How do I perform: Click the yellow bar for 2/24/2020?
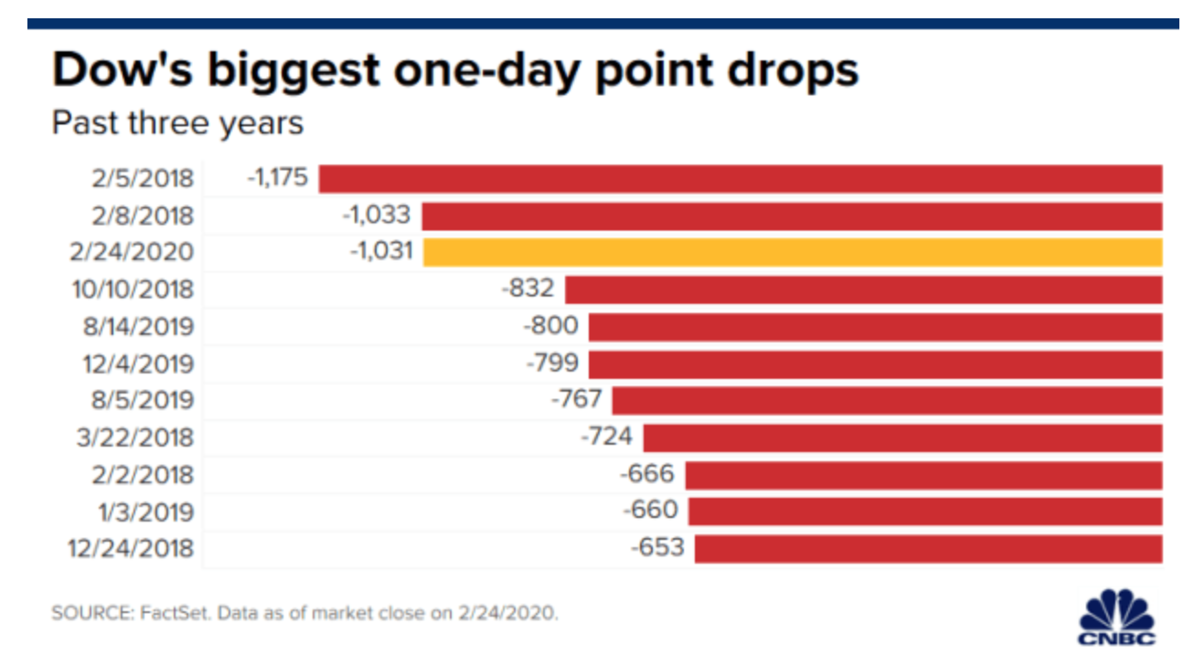tap(793, 252)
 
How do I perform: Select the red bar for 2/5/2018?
tap(741, 178)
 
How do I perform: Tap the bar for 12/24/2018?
tap(928, 548)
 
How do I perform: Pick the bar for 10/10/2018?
tap(863, 289)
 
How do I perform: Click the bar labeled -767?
tap(887, 400)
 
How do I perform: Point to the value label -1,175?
tap(278, 178)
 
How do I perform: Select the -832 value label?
tap(528, 289)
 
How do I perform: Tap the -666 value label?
tap(647, 474)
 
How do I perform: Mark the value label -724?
tap(606, 436)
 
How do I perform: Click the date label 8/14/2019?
tap(133, 327)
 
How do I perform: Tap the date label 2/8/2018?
tap(143, 215)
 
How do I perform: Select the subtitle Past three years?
tap(177, 123)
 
